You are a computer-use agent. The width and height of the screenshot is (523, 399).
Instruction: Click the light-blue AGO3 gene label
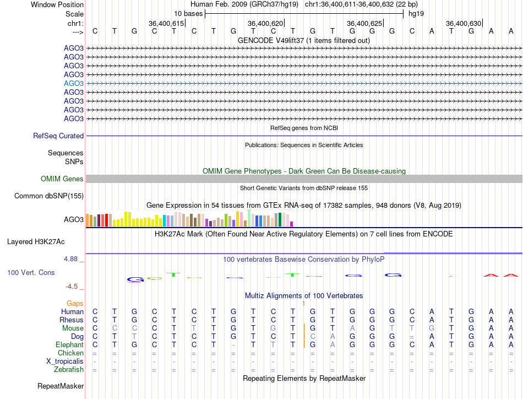coord(74,83)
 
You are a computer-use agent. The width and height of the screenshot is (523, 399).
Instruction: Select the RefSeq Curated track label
coord(58,136)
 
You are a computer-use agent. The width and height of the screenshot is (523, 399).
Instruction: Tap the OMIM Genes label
coord(62,179)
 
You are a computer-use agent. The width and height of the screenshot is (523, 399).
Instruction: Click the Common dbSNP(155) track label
coord(49,196)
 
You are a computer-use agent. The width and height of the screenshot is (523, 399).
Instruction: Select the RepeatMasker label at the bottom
coord(61,386)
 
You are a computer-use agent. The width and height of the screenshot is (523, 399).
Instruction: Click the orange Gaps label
coord(75,303)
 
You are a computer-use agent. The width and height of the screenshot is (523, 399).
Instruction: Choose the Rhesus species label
coord(72,320)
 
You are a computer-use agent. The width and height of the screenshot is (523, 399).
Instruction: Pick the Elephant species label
coord(70,344)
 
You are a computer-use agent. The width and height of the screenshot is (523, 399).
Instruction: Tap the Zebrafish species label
coord(69,369)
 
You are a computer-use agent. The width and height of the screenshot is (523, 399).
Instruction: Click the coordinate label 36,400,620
coord(265,23)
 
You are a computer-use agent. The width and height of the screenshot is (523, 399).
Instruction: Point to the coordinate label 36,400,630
coord(464,23)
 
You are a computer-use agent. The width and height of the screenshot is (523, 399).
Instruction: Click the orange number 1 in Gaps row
coord(303,303)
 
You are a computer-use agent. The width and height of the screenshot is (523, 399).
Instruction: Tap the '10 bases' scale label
coord(188,13)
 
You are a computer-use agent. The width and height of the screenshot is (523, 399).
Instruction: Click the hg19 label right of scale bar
coord(416,13)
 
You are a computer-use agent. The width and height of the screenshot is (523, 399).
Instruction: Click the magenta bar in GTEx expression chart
coord(292,223)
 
